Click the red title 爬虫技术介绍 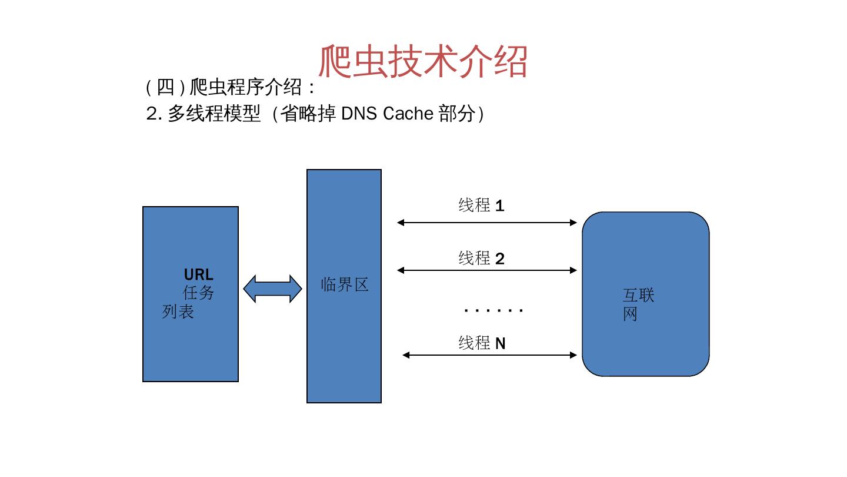tap(422, 61)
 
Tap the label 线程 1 tap(481, 206)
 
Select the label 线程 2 tap(481, 258)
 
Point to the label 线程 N tap(482, 343)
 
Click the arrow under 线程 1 tap(487, 223)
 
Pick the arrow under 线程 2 tap(487, 270)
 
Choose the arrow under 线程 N tap(489, 355)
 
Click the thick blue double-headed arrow tap(272, 289)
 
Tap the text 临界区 tap(345, 285)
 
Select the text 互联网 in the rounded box tap(638, 304)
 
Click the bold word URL tap(198, 275)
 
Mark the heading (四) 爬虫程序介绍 tap(231, 88)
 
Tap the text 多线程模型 tap(214, 114)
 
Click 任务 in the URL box tap(198, 293)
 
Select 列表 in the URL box tap(178, 311)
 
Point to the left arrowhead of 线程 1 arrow tap(401, 223)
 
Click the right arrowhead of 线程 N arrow tap(573, 355)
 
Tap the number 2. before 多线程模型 tap(154, 114)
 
